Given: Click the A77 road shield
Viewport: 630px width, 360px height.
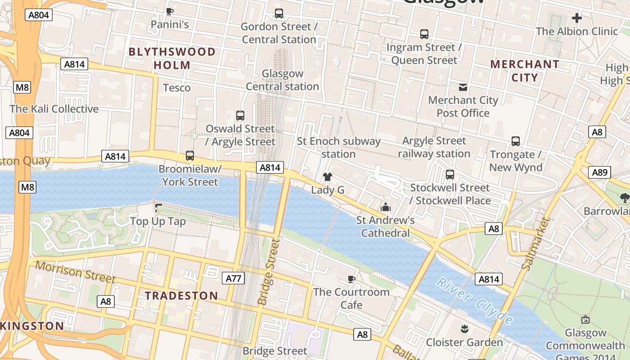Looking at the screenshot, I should click(233, 278).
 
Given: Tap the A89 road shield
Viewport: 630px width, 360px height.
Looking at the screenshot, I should click(599, 172).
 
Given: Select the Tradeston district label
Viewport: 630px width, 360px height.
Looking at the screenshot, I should click(181, 296).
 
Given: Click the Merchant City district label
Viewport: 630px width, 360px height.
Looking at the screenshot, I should click(524, 71).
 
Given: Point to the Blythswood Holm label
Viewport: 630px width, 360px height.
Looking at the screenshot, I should click(172, 58).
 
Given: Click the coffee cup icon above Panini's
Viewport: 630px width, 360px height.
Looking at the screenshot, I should click(170, 11).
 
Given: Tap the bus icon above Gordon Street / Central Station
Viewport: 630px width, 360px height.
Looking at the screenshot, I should click(279, 13).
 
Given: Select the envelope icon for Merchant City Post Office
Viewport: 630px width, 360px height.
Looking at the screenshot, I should click(463, 87).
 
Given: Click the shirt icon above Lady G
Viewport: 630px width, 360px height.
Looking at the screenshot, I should click(328, 177).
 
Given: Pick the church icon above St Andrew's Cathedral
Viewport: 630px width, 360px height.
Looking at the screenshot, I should click(386, 207).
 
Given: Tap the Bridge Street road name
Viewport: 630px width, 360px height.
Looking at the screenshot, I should click(269, 271).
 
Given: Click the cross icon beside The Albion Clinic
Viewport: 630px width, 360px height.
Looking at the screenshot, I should click(576, 18).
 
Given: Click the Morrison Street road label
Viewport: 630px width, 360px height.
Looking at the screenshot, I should click(75, 271).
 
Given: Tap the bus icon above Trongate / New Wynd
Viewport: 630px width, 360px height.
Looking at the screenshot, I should click(516, 141).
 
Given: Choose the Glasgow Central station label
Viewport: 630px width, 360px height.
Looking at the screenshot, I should click(283, 80).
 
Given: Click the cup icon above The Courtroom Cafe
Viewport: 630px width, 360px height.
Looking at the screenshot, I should click(351, 279).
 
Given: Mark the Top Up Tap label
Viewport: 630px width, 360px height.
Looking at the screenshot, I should click(157, 221).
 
